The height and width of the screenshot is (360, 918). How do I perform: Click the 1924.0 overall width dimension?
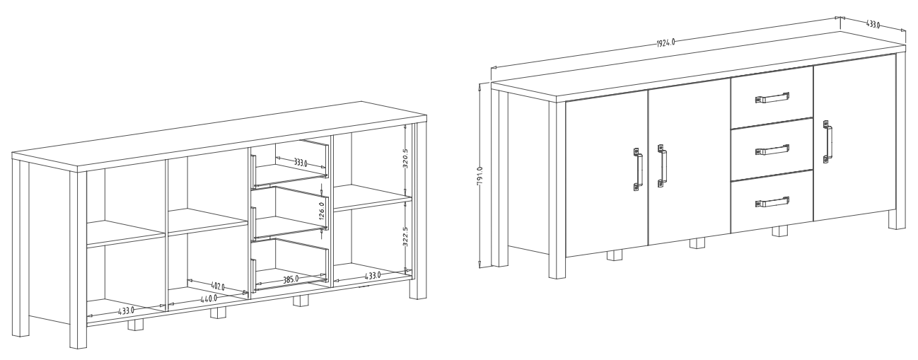(666, 42)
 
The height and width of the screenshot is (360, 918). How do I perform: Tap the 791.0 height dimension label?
(480, 177)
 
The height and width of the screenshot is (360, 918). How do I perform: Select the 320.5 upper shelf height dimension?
(405, 158)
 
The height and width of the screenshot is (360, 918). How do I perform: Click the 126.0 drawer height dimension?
(322, 211)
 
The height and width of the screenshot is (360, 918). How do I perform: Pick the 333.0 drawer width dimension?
(301, 163)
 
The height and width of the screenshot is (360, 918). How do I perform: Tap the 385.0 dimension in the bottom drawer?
(291, 279)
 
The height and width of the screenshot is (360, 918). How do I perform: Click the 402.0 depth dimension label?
(218, 286)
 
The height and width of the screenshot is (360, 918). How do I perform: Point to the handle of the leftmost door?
(638, 169)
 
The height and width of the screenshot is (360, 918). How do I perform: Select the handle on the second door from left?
(661, 166)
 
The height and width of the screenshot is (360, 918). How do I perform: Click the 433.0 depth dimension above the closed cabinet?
(873, 24)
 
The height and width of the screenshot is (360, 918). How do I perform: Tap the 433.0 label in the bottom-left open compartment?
(126, 310)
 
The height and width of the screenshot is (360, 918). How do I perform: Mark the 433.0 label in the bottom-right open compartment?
(373, 276)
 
